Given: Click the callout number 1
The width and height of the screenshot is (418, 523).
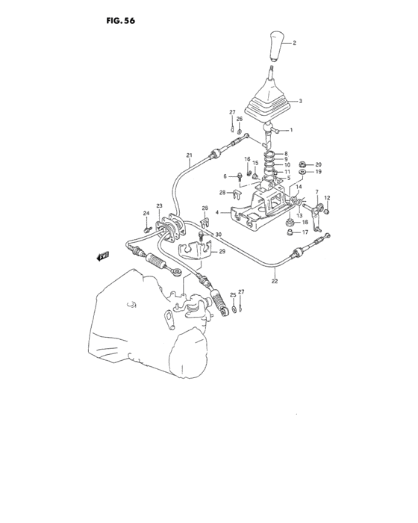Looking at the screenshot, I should (x=291, y=131).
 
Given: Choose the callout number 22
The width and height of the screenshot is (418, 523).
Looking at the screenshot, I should (x=275, y=281).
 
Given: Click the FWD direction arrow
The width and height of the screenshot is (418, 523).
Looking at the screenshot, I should (x=102, y=256).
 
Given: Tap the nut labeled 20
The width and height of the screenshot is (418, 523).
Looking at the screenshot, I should (x=301, y=164).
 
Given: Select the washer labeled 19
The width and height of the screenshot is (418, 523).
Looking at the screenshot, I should (x=301, y=173).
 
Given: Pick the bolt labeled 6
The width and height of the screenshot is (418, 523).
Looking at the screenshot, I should (x=238, y=176).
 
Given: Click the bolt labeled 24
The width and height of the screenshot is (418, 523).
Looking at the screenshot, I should (x=149, y=227).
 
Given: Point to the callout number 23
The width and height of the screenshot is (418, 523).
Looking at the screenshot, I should (x=159, y=205).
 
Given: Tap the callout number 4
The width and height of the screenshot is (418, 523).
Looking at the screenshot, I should (x=217, y=212).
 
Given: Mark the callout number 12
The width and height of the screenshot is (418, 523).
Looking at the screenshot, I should (x=326, y=198).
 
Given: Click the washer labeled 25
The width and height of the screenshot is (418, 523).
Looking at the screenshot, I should (x=233, y=306).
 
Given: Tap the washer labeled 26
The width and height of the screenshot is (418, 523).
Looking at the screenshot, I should (x=238, y=132).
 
